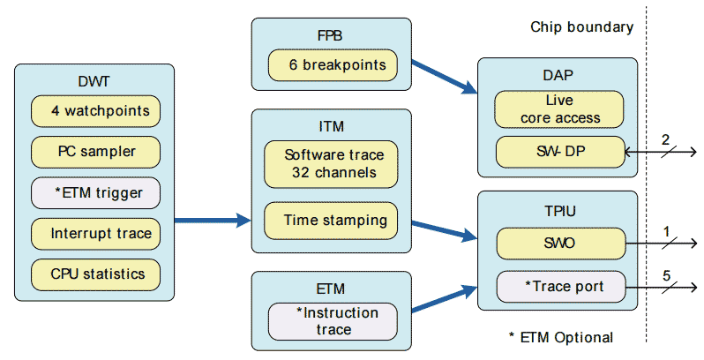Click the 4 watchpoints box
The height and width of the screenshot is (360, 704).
[x=95, y=111]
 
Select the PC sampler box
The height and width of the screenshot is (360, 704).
[x=95, y=151]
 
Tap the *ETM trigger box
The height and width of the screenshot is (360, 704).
[x=95, y=192]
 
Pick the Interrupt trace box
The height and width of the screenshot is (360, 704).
[x=95, y=233]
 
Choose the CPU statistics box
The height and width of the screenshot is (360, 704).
[x=95, y=273]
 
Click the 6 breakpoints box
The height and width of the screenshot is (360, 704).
[x=332, y=64]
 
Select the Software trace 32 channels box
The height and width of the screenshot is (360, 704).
[x=332, y=164]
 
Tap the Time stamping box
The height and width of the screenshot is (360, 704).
[x=332, y=219]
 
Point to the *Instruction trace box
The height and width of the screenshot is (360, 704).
[x=332, y=321]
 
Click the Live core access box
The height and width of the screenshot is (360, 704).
[x=560, y=109]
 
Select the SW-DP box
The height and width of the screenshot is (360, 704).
[x=560, y=152]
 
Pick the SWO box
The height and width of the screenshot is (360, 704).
[x=560, y=241]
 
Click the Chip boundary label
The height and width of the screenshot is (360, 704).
[x=581, y=26]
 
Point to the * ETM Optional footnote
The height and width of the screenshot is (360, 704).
[x=560, y=337]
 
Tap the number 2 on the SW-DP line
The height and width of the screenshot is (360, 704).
[x=667, y=139]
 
